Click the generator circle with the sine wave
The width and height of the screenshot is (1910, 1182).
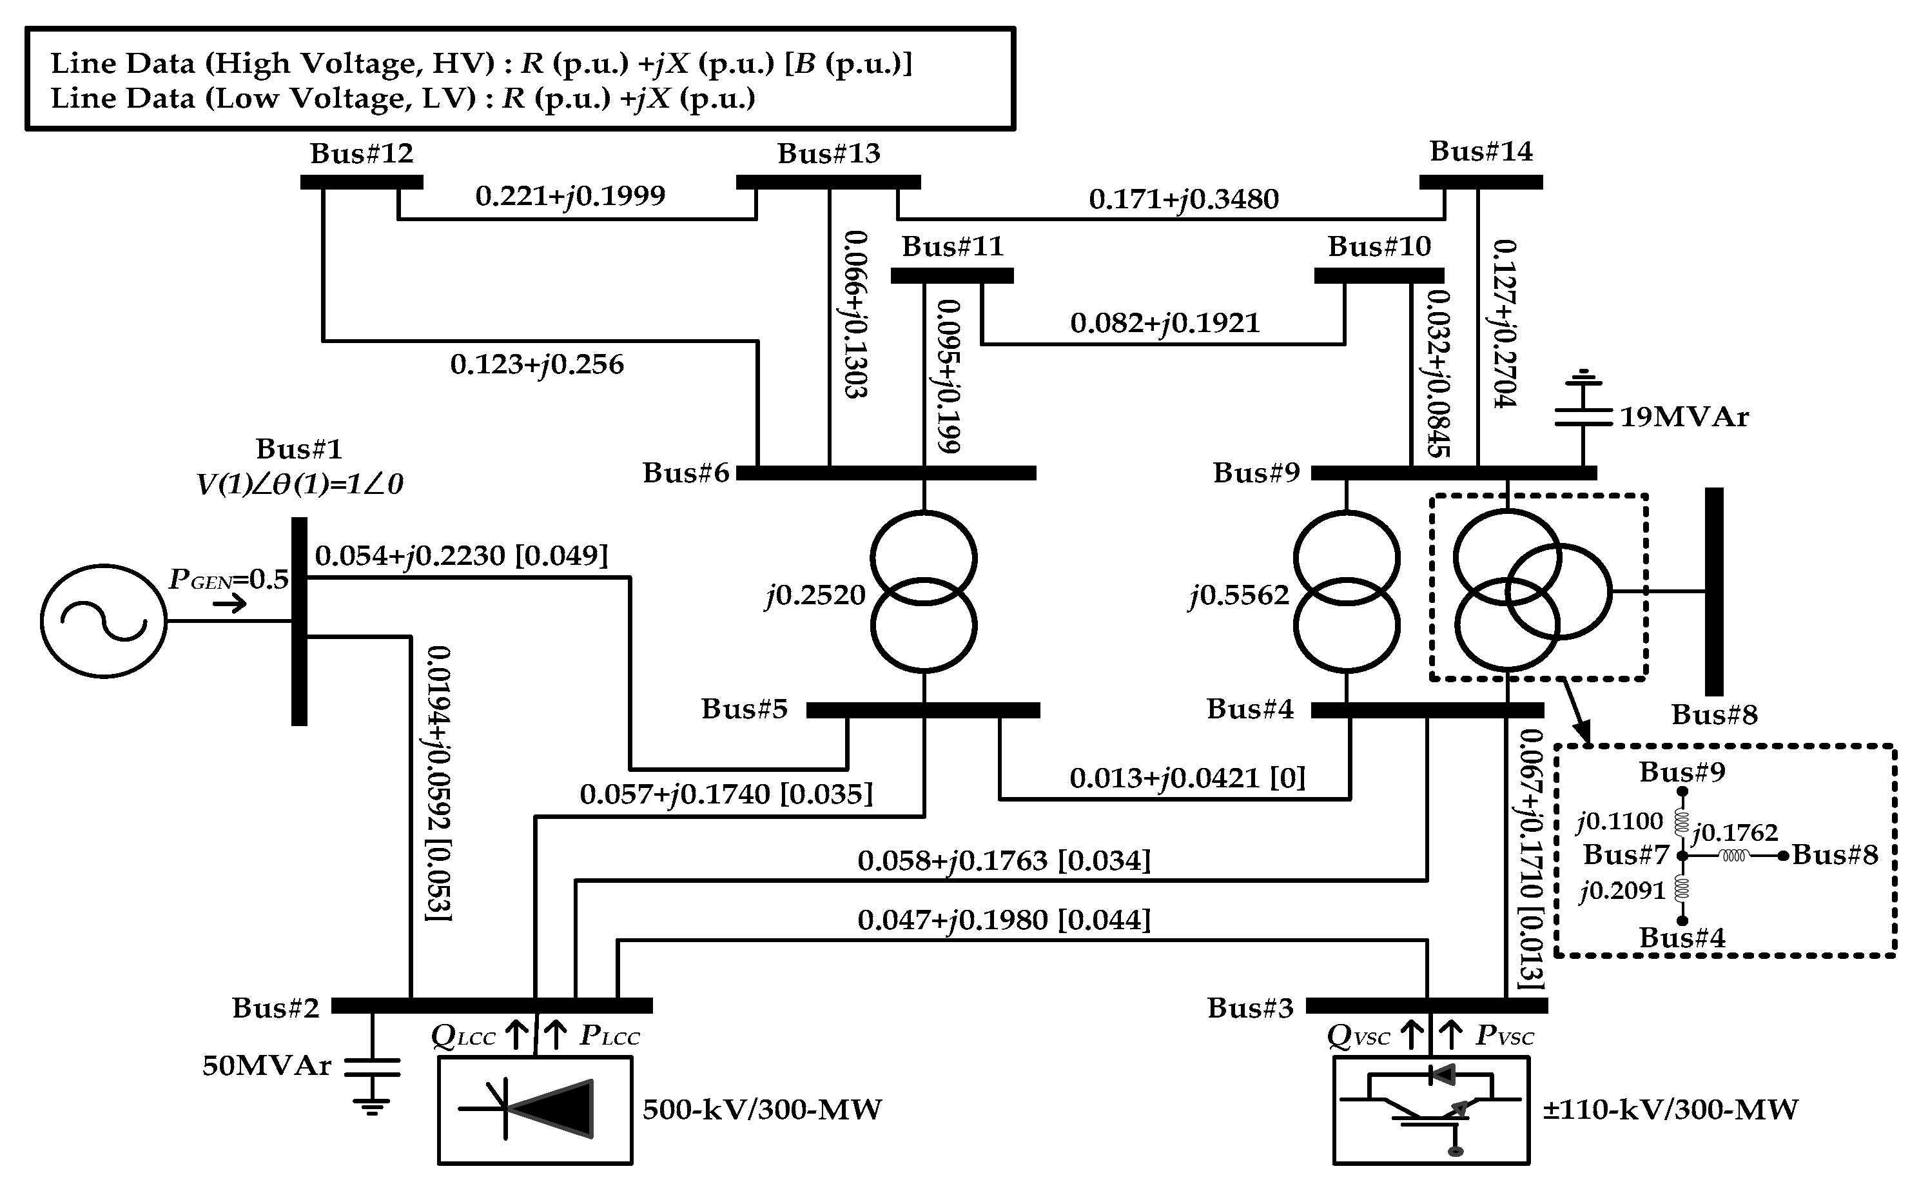point(103,622)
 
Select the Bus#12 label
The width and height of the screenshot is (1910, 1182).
point(361,153)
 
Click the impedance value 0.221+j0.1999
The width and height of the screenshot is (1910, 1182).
point(570,195)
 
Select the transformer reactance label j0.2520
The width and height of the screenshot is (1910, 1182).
point(815,596)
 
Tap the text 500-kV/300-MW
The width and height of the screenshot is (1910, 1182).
point(762,1109)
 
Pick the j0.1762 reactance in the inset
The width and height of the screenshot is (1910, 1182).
point(1734,832)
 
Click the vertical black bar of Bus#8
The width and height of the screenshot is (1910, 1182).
point(1714,592)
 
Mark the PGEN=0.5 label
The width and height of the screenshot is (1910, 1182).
point(228,579)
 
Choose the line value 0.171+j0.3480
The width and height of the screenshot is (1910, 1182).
point(1184,199)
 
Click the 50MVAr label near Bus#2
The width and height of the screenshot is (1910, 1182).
point(266,1065)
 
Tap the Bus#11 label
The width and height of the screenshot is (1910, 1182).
point(952,247)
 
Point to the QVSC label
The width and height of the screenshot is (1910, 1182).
point(1358,1037)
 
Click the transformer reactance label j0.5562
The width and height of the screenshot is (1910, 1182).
point(1238,596)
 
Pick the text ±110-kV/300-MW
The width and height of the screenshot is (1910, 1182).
point(1670,1109)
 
